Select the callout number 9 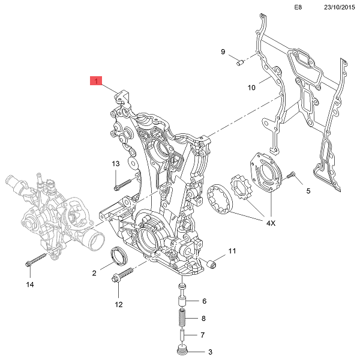(223, 52)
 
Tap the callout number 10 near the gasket (252, 88)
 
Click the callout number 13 (116, 164)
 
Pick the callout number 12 (118, 304)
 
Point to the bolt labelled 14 (37, 261)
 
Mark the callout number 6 (204, 301)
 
